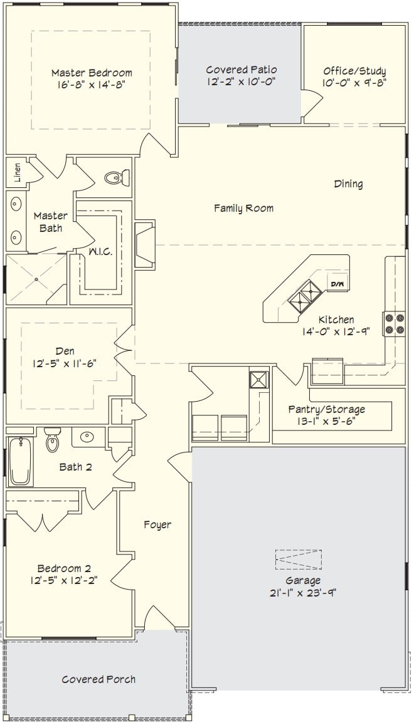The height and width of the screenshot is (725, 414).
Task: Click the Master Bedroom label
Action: (92, 73)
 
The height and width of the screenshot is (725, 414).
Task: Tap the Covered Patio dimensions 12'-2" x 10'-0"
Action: (242, 81)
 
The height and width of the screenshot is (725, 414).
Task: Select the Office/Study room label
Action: (354, 71)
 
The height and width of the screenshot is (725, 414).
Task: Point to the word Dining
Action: (348, 184)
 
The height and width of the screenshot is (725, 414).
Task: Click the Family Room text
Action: (243, 209)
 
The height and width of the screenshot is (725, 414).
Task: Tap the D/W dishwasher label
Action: (337, 284)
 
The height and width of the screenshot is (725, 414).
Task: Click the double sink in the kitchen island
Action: (305, 296)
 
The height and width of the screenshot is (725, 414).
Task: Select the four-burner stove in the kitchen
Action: (394, 324)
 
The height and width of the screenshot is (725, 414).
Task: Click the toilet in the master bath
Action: (117, 177)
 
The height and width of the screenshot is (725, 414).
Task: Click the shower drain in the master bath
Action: (36, 279)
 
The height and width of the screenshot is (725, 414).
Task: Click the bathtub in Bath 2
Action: (20, 461)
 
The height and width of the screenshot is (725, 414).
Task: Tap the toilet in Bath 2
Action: (52, 439)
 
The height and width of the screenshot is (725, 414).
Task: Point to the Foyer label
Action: (157, 524)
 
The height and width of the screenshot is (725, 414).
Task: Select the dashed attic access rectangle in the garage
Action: (298, 560)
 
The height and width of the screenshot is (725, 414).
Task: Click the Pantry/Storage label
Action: (326, 409)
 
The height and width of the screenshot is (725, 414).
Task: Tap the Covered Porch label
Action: (98, 679)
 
